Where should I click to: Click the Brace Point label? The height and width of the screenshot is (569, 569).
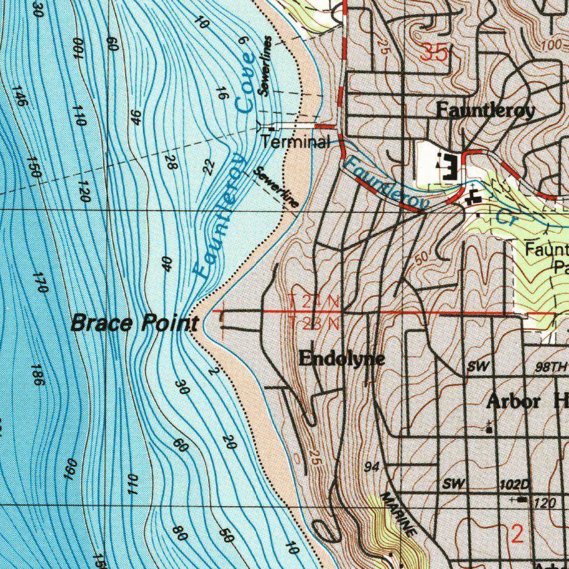135,323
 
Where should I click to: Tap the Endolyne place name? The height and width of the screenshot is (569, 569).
341,359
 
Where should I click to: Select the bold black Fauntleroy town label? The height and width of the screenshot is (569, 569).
485,111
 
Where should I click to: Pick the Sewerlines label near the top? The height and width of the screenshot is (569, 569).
266,66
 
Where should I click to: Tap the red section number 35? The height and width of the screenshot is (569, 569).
434,53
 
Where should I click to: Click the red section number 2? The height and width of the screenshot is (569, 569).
517,535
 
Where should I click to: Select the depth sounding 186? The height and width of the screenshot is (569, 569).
37,376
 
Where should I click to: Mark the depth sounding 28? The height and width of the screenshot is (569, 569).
171,162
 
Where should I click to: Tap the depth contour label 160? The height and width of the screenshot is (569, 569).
69,469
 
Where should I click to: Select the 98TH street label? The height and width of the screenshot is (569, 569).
551,367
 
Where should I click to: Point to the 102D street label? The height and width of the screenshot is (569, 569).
515,484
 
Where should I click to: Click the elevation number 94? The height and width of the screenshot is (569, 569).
372,467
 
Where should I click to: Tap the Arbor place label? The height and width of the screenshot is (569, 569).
514,401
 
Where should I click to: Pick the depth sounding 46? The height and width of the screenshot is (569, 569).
136,117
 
